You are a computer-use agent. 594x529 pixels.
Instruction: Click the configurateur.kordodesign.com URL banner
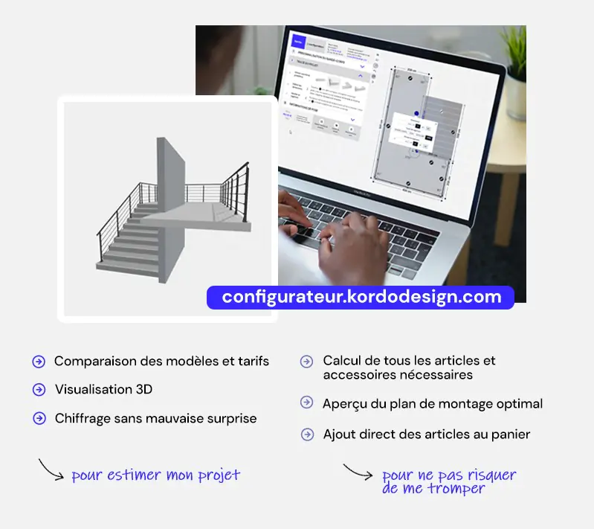point(361,298)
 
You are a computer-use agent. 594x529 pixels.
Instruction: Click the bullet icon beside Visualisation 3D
point(39,390)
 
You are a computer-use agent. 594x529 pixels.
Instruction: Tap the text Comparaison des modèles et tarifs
point(161,362)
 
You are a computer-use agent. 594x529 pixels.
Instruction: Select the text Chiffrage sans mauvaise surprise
point(155,419)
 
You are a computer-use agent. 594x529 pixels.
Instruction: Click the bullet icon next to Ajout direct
point(306,433)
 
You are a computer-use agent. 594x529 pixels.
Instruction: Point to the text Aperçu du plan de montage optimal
point(432,404)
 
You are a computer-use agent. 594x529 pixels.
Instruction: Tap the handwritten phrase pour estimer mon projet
point(155,475)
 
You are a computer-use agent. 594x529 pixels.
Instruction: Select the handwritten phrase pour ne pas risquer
point(448,475)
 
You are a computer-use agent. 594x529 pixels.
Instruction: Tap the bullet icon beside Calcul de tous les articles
point(306,362)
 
